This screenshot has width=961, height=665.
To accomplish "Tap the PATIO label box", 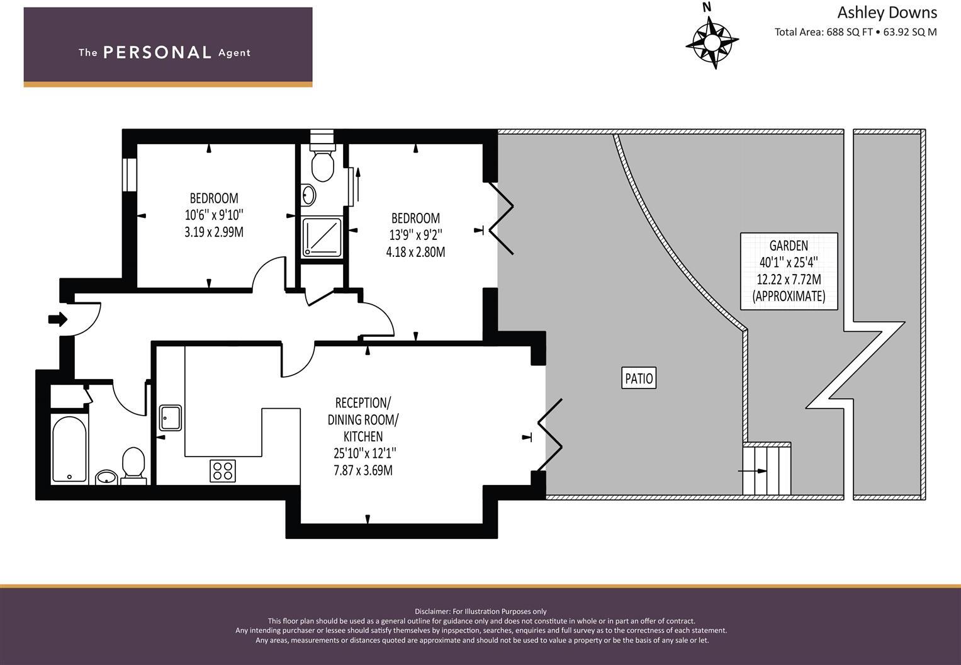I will [x=639, y=378].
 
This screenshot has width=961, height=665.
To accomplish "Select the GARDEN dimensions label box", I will [x=789, y=271].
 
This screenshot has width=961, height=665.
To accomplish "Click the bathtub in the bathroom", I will [x=69, y=448].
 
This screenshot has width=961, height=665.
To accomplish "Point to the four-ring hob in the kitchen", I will [x=222, y=470].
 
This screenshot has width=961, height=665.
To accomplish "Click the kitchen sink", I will [x=170, y=417].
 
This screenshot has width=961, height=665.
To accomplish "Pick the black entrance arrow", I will [x=58, y=319].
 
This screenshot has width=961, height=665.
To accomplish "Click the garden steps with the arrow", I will [x=766, y=470].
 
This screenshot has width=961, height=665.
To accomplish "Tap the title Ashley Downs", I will [x=886, y=13].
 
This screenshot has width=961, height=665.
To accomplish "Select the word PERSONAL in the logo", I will [x=157, y=52].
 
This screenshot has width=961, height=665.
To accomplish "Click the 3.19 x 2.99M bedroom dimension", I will [x=214, y=232].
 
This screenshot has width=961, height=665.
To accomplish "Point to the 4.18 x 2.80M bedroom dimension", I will [x=415, y=252].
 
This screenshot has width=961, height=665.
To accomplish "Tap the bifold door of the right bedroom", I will [x=502, y=217].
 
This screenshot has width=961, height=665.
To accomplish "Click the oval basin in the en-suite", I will [x=308, y=195].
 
